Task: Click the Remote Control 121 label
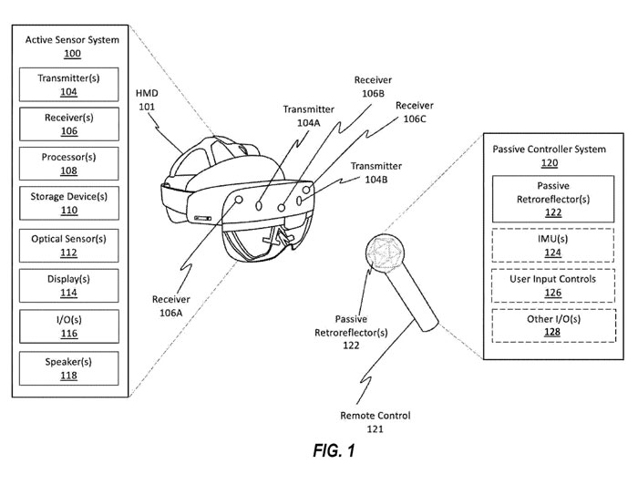click(x=375, y=421)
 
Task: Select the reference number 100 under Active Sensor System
click(x=72, y=54)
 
